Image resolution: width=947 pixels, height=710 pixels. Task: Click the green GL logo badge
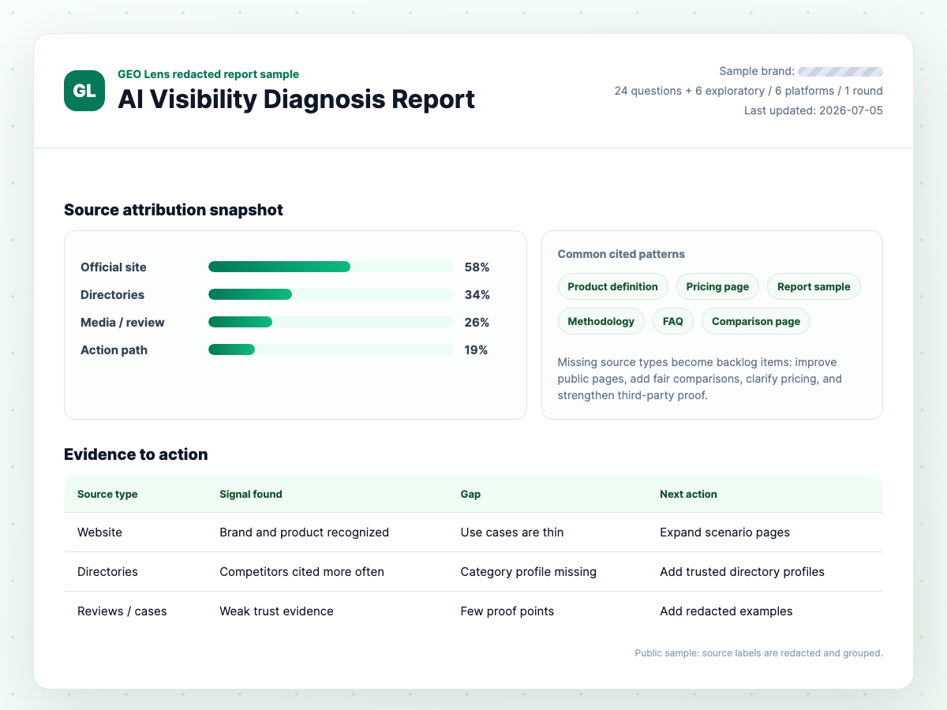(84, 91)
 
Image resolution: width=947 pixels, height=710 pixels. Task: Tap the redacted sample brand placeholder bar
(840, 72)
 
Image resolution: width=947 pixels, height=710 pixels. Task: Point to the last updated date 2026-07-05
(851, 110)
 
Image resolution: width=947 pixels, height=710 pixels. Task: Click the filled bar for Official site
(279, 267)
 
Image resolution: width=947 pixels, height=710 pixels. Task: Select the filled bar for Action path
(232, 349)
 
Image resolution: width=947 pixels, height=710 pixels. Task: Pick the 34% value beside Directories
(477, 295)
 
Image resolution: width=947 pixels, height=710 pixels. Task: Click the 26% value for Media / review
(477, 323)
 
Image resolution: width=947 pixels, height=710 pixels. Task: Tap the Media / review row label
(122, 323)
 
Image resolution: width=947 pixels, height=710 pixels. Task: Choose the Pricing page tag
(717, 286)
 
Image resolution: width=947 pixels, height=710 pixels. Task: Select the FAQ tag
(672, 321)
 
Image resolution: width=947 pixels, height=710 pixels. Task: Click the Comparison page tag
(756, 321)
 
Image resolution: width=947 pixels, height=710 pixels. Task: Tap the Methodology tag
(601, 321)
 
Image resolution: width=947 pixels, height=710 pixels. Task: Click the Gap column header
(470, 494)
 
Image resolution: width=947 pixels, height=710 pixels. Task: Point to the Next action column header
(688, 494)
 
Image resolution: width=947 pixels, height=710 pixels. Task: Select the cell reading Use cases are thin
(511, 532)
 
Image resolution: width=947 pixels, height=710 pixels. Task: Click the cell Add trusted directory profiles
(742, 572)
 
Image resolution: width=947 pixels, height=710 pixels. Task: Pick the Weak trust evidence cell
(276, 611)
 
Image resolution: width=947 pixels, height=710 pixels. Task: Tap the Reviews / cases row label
(122, 611)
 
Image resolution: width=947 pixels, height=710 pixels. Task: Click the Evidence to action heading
(136, 454)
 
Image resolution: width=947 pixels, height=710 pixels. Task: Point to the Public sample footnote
(758, 653)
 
